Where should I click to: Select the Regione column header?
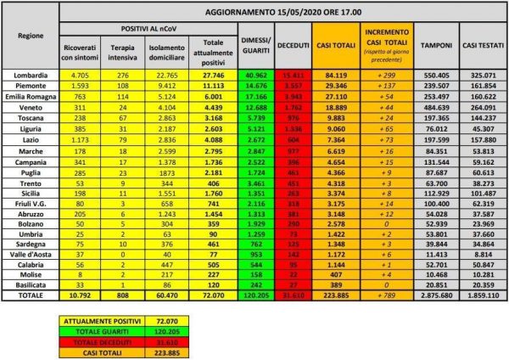point(30,37)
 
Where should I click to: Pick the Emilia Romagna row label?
point(30,98)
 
